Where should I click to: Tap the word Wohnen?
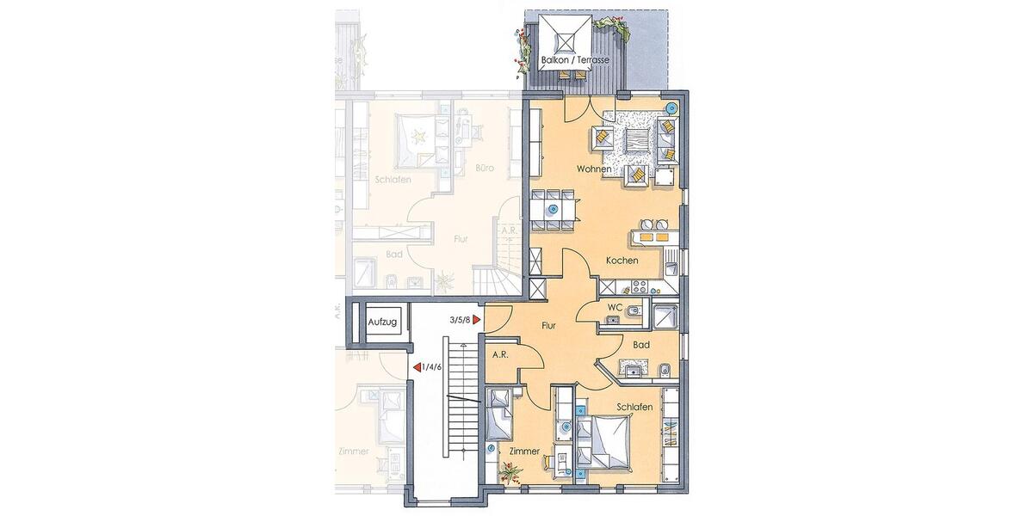point(594,169)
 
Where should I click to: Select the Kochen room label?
point(621,261)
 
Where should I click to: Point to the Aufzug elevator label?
point(382,322)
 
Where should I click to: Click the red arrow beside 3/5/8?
point(476,320)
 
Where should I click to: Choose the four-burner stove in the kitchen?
point(641,287)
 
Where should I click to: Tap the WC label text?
point(615,307)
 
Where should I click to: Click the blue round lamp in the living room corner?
point(671,108)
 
